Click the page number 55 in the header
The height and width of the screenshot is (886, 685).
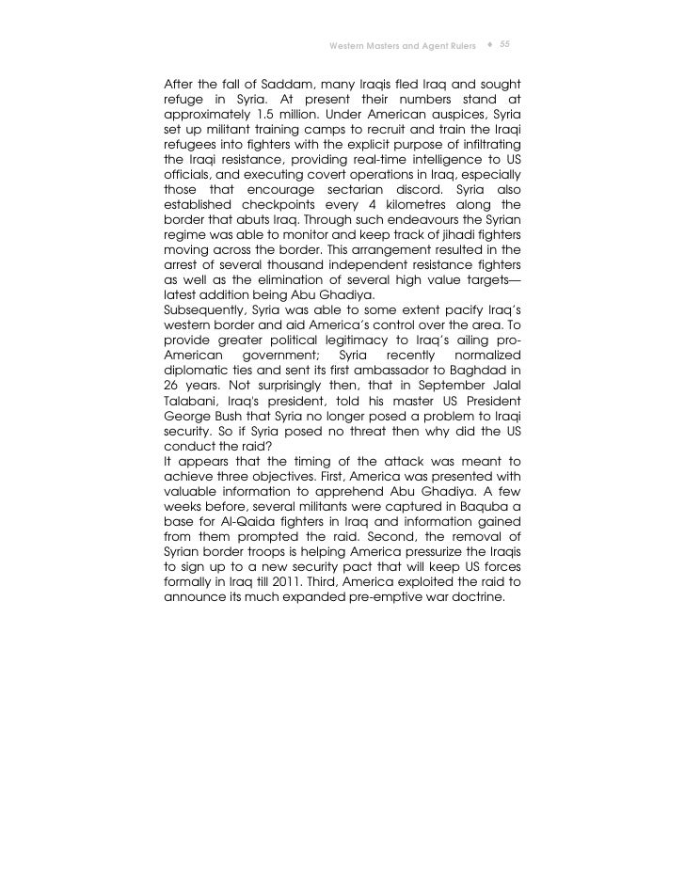click(505, 44)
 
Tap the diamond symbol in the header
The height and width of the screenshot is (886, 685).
click(490, 44)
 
